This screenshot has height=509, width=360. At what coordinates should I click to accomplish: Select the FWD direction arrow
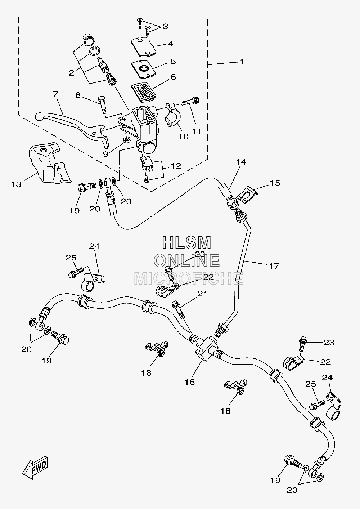pyautogui.click(x=35, y=468)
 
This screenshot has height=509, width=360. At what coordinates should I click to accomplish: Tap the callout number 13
pyautogui.click(x=16, y=184)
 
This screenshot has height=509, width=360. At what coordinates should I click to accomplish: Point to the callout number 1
pyautogui.click(x=242, y=61)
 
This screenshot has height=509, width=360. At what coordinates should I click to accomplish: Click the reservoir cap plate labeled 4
pyautogui.click(x=144, y=47)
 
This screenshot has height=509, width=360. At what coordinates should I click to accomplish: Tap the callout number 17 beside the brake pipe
pyautogui.click(x=274, y=265)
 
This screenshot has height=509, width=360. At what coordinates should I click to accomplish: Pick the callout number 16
pyautogui.click(x=190, y=382)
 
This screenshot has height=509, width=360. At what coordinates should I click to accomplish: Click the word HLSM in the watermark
pyautogui.click(x=187, y=242)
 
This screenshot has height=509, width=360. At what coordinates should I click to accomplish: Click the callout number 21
pyautogui.click(x=202, y=294)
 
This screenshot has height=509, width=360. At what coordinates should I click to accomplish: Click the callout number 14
pyautogui.click(x=241, y=162)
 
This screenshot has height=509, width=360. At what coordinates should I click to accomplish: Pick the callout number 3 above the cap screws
pyautogui.click(x=165, y=26)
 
